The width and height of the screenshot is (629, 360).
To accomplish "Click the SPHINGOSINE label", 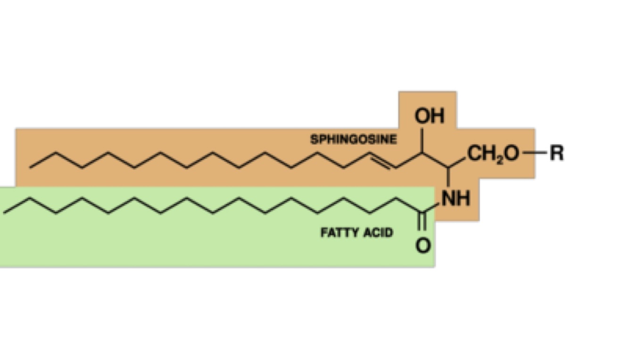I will pyautogui.click(x=353, y=139).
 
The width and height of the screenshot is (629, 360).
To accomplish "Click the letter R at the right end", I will pyautogui.click(x=556, y=153).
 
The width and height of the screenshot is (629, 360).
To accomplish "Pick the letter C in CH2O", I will pyautogui.click(x=475, y=153).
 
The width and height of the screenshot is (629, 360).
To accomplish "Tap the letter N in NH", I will pyautogui.click(x=449, y=198).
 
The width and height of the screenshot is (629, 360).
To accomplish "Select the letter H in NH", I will pyautogui.click(x=463, y=198).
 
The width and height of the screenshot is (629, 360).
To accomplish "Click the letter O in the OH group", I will pyautogui.click(x=422, y=116).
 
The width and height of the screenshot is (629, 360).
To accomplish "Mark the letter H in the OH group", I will pyautogui.click(x=437, y=116).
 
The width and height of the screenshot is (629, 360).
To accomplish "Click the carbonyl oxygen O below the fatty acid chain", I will pyautogui.click(x=423, y=245).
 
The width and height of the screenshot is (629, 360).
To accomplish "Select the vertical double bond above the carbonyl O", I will pyautogui.click(x=422, y=221).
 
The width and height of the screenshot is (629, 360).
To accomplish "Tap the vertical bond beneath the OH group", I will pyautogui.click(x=422, y=139).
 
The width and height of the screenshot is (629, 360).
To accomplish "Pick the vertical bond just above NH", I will pyautogui.click(x=448, y=177).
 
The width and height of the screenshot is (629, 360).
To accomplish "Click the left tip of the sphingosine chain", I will pyautogui.click(x=31, y=167).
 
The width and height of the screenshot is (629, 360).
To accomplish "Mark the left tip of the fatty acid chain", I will pyautogui.click(x=5, y=213).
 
